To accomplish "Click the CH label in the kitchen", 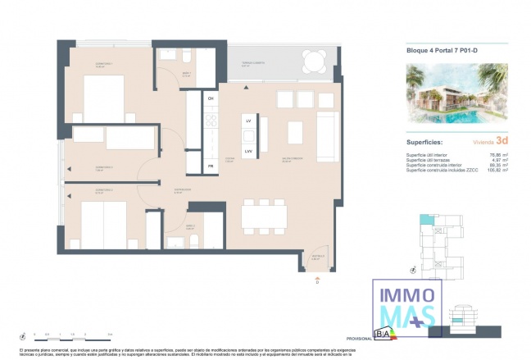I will (x=211, y=98).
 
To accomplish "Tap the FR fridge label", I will (x=211, y=166).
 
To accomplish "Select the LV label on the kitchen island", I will (x=247, y=121).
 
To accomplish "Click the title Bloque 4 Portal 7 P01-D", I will (x=442, y=50).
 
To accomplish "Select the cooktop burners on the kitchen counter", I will (x=211, y=124).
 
